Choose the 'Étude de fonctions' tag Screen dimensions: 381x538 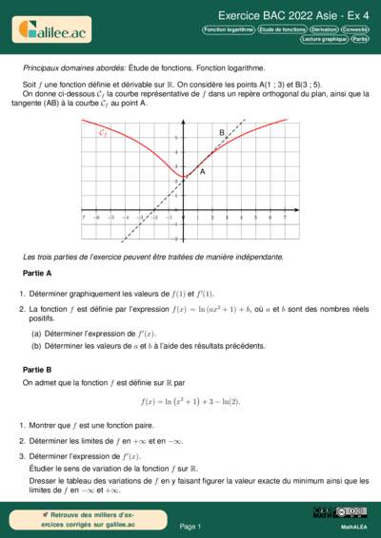(x=283, y=29)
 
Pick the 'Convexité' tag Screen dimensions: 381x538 (x=356, y=29)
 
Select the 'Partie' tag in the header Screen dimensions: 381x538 (x=359, y=40)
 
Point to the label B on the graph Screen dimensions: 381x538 (x=222, y=132)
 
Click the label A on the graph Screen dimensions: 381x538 (x=202, y=172)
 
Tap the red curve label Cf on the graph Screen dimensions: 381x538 (x=103, y=133)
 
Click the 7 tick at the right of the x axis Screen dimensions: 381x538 (x=285, y=218)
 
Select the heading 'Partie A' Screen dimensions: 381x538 (x=36, y=273)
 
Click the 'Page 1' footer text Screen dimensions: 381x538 (x=190, y=526)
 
